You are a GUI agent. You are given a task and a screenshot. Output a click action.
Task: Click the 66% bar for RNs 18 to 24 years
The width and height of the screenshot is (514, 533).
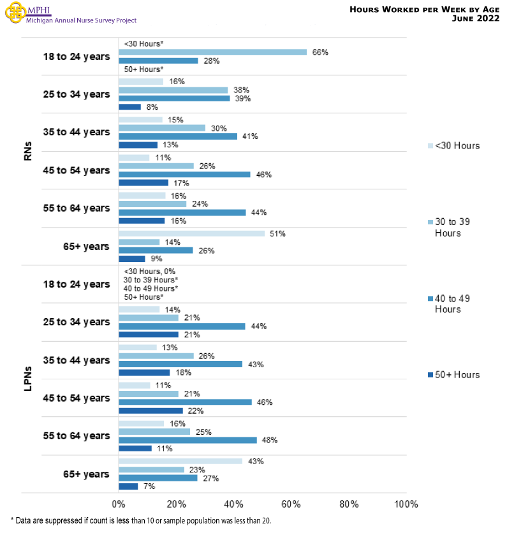pyautogui.click(x=212, y=52)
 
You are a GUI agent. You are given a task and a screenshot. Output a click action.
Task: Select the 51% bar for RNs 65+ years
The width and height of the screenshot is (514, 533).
pyautogui.click(x=191, y=234)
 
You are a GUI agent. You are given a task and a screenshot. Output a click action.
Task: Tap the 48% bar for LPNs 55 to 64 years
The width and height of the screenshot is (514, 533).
pyautogui.click(x=187, y=440)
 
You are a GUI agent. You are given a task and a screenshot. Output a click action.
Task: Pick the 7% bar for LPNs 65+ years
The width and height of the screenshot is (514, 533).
pyautogui.click(x=128, y=486)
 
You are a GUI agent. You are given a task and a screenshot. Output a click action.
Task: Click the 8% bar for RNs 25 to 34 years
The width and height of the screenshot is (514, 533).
pyautogui.click(x=129, y=107)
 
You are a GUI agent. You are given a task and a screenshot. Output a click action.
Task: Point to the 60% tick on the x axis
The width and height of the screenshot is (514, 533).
pyautogui.click(x=291, y=504)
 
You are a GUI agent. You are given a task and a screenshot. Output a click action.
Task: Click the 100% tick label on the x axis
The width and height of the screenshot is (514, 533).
pyautogui.click(x=406, y=504)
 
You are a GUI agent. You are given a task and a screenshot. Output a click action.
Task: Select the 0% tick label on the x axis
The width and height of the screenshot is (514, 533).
pyautogui.click(x=119, y=504)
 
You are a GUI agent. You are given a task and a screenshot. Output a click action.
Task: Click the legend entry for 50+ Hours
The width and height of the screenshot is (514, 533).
pyautogui.click(x=453, y=375)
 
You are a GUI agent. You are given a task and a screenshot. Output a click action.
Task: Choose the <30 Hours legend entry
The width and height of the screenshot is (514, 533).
pyautogui.click(x=453, y=146)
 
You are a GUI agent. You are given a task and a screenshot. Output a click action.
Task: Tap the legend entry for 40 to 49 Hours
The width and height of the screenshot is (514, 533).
pyautogui.click(x=453, y=303)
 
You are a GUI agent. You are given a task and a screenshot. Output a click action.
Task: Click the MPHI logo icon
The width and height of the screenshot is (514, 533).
pyautogui.click(x=13, y=13)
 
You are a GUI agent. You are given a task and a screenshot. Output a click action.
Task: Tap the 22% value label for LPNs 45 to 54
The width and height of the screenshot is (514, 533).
pyautogui.click(x=193, y=411)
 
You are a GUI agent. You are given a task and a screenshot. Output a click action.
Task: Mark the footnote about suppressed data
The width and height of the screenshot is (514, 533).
pyautogui.click(x=140, y=521)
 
